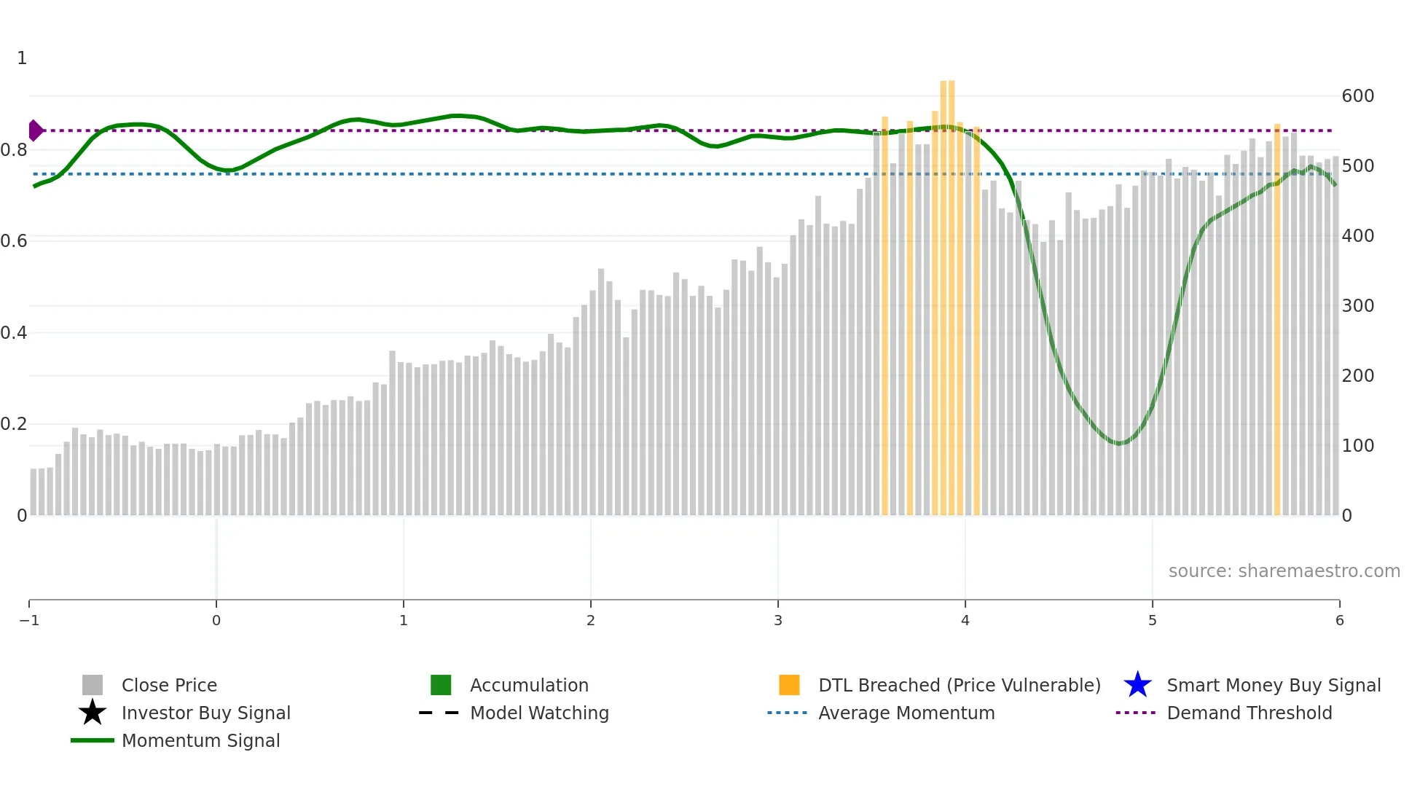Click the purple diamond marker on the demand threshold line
tap(35, 130)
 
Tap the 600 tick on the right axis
tap(1357, 96)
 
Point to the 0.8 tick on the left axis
tap(14, 150)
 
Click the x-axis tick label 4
tap(965, 620)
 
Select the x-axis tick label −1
tap(29, 620)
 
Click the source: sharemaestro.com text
tap(1284, 571)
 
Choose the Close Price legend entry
tap(169, 685)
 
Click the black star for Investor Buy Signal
tap(93, 713)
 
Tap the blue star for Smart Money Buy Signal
tap(1137, 685)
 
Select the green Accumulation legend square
tap(441, 685)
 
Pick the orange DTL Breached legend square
tap(789, 685)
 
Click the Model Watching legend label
tap(539, 713)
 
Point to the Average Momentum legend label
tap(906, 713)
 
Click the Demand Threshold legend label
tap(1249, 713)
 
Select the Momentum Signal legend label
tap(200, 740)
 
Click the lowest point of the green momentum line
tap(1120, 443)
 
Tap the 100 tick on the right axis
tap(1357, 446)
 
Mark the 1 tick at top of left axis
tap(22, 58)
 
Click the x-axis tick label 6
tap(1339, 620)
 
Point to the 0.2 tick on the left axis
tap(14, 424)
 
